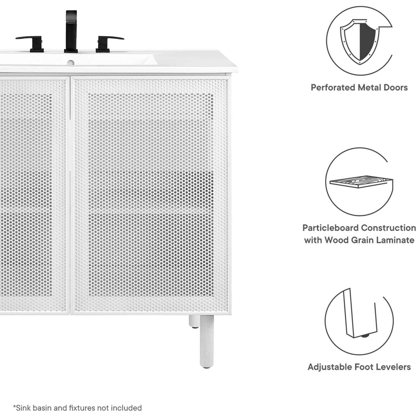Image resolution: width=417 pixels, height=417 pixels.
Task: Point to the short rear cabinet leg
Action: click(x=194, y=321)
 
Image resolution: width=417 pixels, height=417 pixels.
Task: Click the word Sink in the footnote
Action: click(x=22, y=408)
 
